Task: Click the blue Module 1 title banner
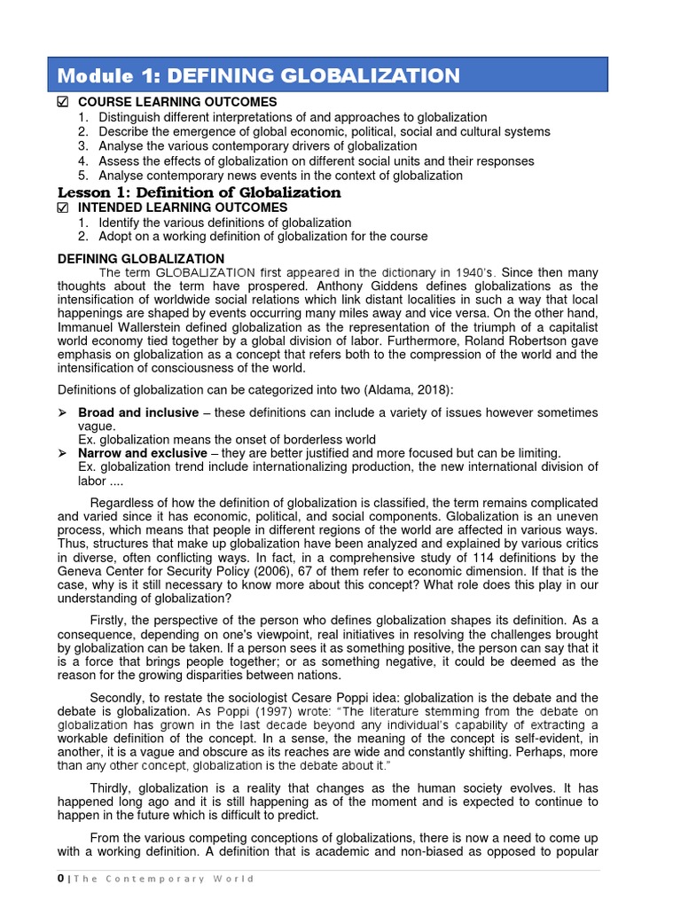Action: tap(328, 74)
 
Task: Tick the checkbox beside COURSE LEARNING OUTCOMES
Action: tap(63, 102)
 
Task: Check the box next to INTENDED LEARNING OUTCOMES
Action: tap(63, 207)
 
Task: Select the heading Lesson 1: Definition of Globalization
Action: tap(199, 192)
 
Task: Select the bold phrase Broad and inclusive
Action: tap(138, 412)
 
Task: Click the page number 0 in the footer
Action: tap(60, 879)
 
